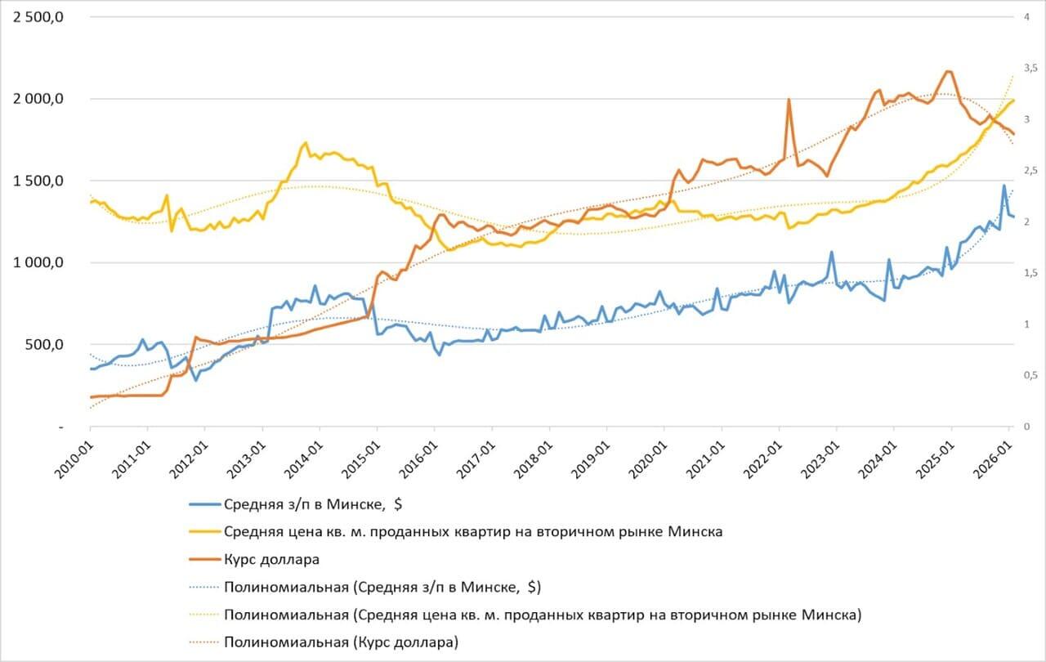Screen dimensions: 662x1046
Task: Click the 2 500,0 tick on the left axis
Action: point(39,17)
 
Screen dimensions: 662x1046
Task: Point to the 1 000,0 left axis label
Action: point(39,263)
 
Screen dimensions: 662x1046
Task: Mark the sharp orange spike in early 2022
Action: point(789,100)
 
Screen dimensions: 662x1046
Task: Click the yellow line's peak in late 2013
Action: point(306,143)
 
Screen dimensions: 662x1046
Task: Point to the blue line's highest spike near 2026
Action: point(1004,186)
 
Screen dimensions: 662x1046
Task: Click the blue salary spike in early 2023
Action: point(831,252)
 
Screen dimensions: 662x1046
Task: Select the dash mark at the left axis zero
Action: point(60,427)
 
